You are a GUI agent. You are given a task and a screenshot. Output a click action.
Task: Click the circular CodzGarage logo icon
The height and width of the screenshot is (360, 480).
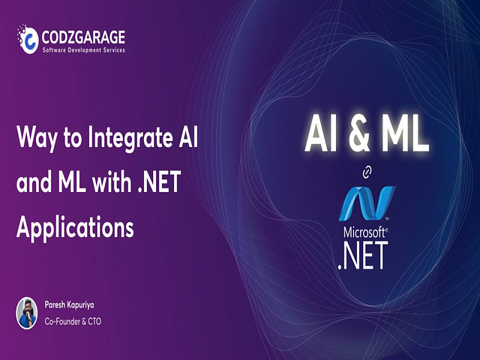(x=28, y=39)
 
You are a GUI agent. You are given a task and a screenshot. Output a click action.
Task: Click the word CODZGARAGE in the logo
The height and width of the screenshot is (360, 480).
(x=83, y=37)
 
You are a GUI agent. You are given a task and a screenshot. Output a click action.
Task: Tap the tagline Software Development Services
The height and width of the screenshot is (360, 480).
(x=83, y=50)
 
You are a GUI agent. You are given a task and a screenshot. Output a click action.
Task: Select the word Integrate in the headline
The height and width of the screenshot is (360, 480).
(x=128, y=138)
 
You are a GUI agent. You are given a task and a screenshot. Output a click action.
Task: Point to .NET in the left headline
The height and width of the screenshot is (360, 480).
(x=159, y=182)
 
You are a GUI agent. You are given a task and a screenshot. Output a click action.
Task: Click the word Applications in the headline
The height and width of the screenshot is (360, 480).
(x=75, y=228)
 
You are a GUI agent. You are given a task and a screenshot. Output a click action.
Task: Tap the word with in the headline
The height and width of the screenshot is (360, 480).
(x=112, y=181)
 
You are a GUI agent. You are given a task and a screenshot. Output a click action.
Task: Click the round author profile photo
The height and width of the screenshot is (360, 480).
(x=27, y=313)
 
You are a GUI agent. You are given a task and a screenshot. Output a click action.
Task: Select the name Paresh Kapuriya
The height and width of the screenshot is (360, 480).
(x=70, y=305)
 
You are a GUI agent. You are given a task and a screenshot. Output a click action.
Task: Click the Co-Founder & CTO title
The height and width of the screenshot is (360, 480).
(x=73, y=322)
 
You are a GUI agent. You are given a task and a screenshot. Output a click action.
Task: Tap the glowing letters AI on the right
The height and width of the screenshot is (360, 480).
(x=321, y=135)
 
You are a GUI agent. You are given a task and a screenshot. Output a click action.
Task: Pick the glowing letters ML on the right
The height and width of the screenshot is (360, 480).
(x=405, y=135)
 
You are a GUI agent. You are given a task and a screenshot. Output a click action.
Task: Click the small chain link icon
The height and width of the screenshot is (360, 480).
(x=367, y=172)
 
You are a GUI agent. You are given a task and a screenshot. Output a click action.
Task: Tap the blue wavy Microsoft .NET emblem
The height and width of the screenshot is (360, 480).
(x=367, y=203)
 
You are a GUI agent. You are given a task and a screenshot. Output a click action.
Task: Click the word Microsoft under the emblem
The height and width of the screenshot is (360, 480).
(x=364, y=232)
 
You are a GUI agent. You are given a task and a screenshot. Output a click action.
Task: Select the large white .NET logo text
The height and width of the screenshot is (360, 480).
(x=363, y=255)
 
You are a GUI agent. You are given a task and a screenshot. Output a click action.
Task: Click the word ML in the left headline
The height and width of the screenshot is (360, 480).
(x=72, y=182)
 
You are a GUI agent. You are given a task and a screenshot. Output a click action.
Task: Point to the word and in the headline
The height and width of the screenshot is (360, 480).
(x=34, y=182)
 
